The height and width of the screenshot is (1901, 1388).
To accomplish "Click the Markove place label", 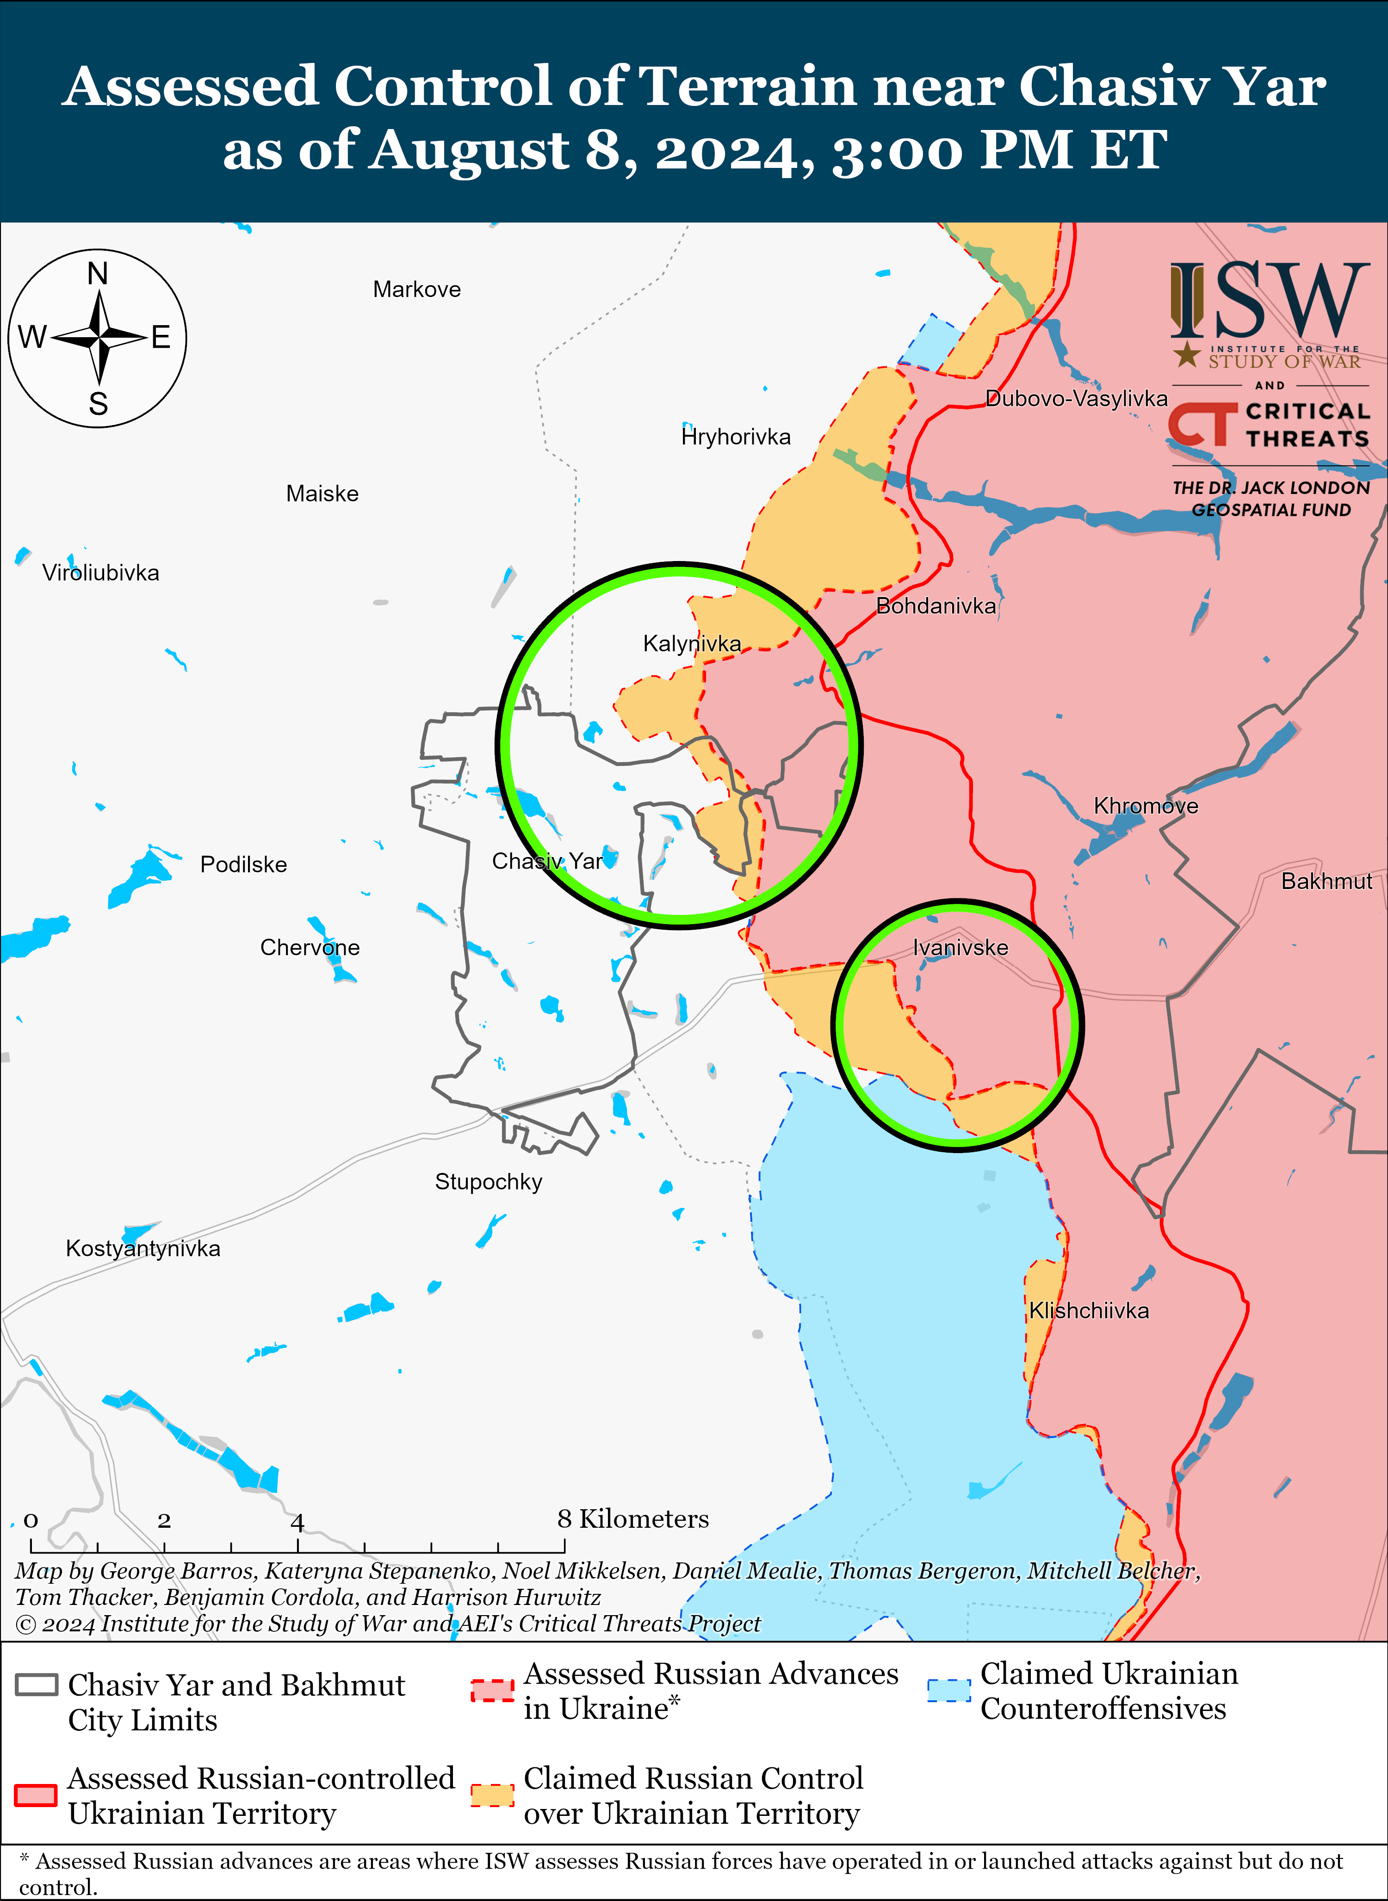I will coord(417,290).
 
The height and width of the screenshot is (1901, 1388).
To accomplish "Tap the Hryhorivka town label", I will coord(736,437).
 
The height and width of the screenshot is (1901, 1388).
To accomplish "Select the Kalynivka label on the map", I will coord(692,644).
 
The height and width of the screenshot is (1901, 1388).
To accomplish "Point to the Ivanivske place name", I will coord(960,948).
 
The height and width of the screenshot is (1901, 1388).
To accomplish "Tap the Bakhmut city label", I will coord(1326,881).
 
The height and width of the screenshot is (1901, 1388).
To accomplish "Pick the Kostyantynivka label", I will coord(143,1249).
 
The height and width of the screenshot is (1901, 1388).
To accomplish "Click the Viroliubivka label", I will coord(101,574).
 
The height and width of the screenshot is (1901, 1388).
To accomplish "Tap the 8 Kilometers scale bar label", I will coord(632,1519).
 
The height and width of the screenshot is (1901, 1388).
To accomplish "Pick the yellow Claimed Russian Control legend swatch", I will coord(492,1795).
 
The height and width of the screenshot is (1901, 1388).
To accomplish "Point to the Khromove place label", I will coord(1145,807).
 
